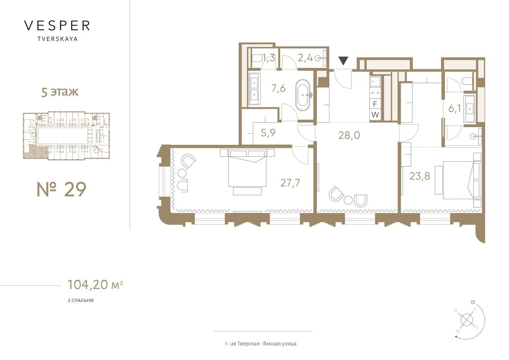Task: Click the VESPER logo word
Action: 57,26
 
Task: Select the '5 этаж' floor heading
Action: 59,92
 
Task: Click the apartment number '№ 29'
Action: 62,189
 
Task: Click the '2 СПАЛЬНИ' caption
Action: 81,300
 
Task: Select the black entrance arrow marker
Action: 343,61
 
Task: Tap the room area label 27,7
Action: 290,183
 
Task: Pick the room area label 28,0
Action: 349,135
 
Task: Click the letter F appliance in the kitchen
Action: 375,104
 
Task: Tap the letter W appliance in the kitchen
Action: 375,115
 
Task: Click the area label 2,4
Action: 305,58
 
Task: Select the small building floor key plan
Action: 66,135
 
